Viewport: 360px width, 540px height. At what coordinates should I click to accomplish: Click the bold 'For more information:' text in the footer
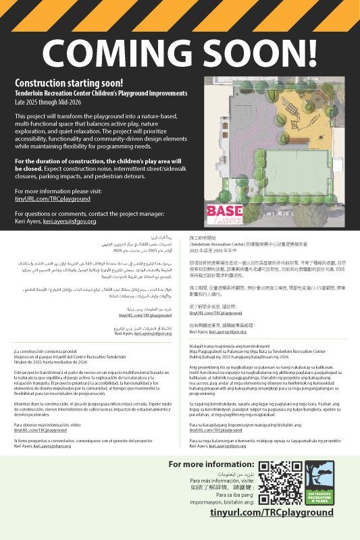tap(210, 464)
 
